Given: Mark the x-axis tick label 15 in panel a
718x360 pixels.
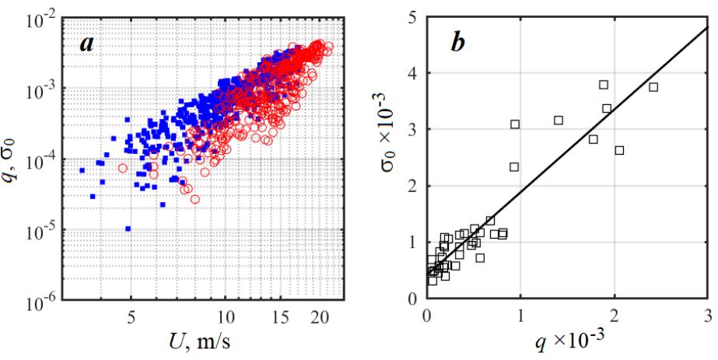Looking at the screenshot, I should pos(281,317).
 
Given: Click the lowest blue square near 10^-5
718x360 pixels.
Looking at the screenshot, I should pos(128,229).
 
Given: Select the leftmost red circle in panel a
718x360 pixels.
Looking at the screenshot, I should pos(122,168).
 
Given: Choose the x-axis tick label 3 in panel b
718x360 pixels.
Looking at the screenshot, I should pos(707,316).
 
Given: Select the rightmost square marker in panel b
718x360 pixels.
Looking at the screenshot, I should pos(653,87).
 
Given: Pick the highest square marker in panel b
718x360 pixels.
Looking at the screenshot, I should pos(604,85).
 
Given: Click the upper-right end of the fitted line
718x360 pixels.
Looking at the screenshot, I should pos(707,28).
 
